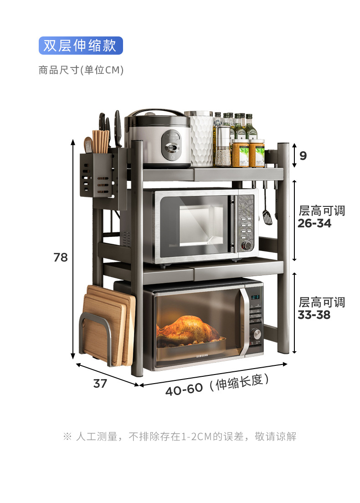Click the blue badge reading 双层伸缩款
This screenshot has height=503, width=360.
pos(81,46)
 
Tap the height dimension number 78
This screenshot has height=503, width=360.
pos(61,257)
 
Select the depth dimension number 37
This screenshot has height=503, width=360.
pos(100,384)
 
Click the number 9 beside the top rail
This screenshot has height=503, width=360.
pos(303,156)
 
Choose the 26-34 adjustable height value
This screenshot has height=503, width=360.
pos(314,224)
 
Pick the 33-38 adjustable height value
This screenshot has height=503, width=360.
pos(314,315)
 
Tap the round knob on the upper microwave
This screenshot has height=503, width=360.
pos(247,246)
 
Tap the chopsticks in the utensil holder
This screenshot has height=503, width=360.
pos(101,141)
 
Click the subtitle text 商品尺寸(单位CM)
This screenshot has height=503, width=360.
pos(81,70)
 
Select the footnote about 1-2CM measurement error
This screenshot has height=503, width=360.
pos(180,436)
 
